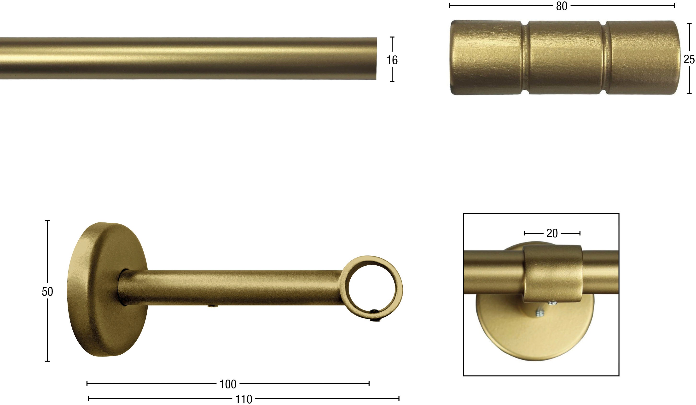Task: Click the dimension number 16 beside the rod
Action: (392, 60)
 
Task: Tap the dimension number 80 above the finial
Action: (562, 6)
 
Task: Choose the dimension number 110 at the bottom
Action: (244, 399)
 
